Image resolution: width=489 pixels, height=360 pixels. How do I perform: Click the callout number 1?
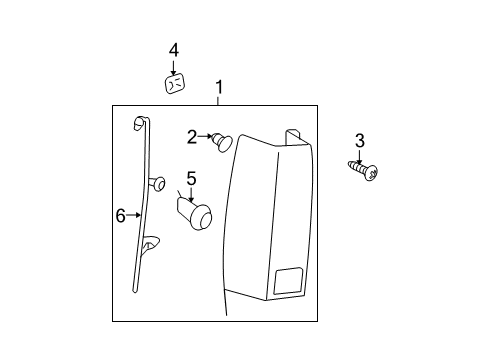click(219, 87)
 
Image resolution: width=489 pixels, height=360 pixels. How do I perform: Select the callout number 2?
click(192, 137)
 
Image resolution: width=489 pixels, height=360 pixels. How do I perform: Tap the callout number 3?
click(360, 141)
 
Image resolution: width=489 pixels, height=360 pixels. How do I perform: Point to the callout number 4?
click(174, 51)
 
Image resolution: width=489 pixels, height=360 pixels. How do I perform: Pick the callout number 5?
click(191, 179)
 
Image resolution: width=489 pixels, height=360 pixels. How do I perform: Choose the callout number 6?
click(121, 215)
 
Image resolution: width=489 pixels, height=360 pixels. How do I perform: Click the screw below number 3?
click(363, 170)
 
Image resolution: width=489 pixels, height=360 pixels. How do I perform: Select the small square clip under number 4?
click(175, 84)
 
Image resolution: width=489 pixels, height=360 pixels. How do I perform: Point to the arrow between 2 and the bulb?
click(205, 136)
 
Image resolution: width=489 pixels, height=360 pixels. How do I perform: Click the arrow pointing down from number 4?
click(173, 68)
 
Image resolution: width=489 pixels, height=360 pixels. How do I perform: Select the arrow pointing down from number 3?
click(359, 157)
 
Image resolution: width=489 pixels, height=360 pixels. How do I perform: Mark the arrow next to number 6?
click(134, 215)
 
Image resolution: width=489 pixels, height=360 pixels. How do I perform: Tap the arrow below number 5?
click(191, 195)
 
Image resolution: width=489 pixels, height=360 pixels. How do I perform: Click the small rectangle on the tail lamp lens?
click(289, 280)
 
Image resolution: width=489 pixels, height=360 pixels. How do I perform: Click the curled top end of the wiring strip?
click(140, 122)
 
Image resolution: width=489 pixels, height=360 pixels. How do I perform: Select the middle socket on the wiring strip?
click(157, 184)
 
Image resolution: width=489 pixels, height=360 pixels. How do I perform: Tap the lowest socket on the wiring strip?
click(151, 244)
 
